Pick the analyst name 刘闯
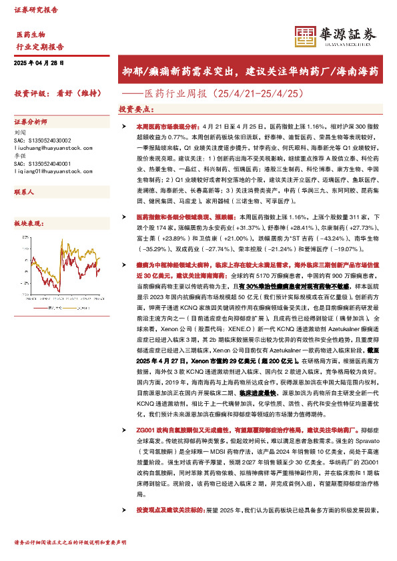tap(19, 133)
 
